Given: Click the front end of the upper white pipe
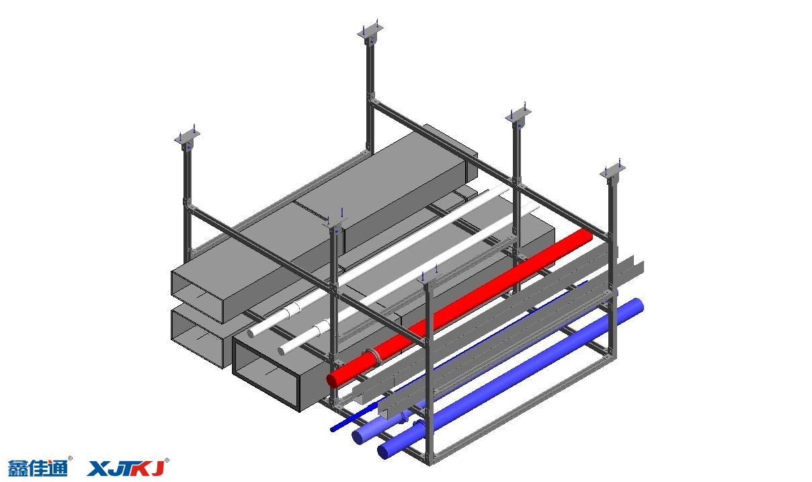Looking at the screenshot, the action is point(251,333).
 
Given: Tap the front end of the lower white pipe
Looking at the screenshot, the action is point(282,350).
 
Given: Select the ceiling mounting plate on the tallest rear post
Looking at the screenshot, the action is point(370,31).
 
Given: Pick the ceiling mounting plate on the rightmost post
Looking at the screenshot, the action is point(612,171).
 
